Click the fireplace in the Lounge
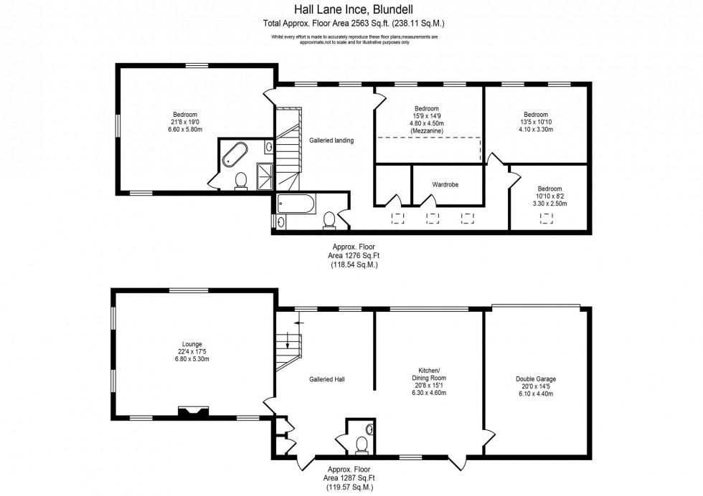[x=193, y=411]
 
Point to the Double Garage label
[x=535, y=379]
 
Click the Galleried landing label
[x=331, y=140]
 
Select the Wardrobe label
[x=445, y=185]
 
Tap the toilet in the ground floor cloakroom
[x=361, y=447]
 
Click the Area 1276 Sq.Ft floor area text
[x=354, y=255]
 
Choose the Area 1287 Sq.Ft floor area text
[x=354, y=477]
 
